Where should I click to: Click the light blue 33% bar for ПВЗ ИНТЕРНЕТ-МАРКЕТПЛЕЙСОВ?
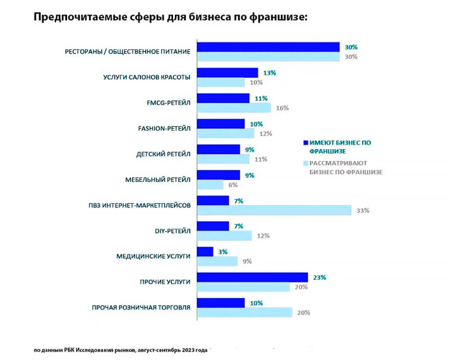[x=274, y=210]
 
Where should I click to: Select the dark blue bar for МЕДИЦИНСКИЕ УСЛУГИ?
[x=205, y=252]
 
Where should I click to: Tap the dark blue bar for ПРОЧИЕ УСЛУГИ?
[x=253, y=277]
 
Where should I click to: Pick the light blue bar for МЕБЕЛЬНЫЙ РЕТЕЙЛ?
[x=211, y=185]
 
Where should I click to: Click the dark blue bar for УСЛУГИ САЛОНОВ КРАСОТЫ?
[x=228, y=72]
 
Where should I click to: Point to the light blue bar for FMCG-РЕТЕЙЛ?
[x=234, y=108]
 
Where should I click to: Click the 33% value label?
[x=363, y=211]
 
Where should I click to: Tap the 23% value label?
[x=319, y=277]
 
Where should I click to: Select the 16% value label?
[x=282, y=108]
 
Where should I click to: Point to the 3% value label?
[x=223, y=252]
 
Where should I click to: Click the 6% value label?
[x=233, y=185]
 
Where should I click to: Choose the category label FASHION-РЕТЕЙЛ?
[x=164, y=129]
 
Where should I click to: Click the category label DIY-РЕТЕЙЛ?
[x=172, y=231]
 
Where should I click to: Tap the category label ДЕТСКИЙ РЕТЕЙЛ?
[x=163, y=154]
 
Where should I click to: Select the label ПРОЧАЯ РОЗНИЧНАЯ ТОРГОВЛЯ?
[x=141, y=308]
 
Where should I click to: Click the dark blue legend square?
[x=306, y=143]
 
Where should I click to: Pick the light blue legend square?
[x=306, y=163]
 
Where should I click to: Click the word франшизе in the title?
[x=278, y=17]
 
